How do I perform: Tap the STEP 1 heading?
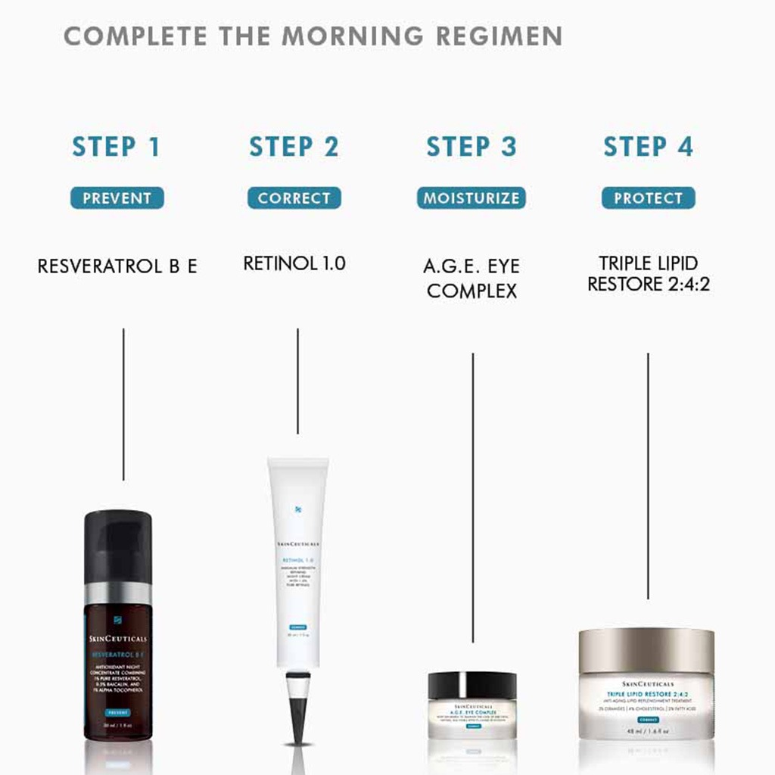coord(117,147)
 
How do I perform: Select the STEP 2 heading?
coord(294,147)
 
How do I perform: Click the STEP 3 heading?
coord(471,147)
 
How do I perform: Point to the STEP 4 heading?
coord(648,147)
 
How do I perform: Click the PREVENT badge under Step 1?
coord(117,198)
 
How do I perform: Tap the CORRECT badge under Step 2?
coord(294,198)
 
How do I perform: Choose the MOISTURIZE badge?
coord(471,198)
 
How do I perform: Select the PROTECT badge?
coord(648,198)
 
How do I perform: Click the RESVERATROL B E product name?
coord(117,266)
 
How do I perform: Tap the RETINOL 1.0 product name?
coord(294,263)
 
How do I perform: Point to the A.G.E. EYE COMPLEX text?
coord(472,278)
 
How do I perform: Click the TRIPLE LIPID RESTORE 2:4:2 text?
coord(649,274)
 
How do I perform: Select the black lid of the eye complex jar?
coord(472,685)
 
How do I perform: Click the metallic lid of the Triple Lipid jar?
coord(646,649)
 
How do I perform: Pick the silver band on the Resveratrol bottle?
coord(117,593)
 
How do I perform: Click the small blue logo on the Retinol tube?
coord(298,509)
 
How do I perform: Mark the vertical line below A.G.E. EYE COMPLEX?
coord(473,492)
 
